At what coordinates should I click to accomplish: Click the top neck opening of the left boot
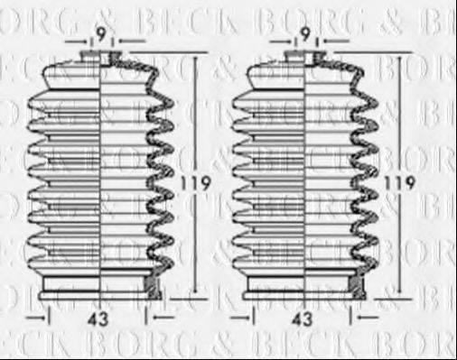pos(101,57)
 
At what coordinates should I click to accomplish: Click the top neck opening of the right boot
pos(305,57)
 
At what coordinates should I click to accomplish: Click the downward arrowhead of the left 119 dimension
pos(191,294)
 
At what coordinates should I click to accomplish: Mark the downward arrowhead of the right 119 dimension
pos(395,294)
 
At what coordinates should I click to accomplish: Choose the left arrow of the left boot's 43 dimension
pos(36,318)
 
